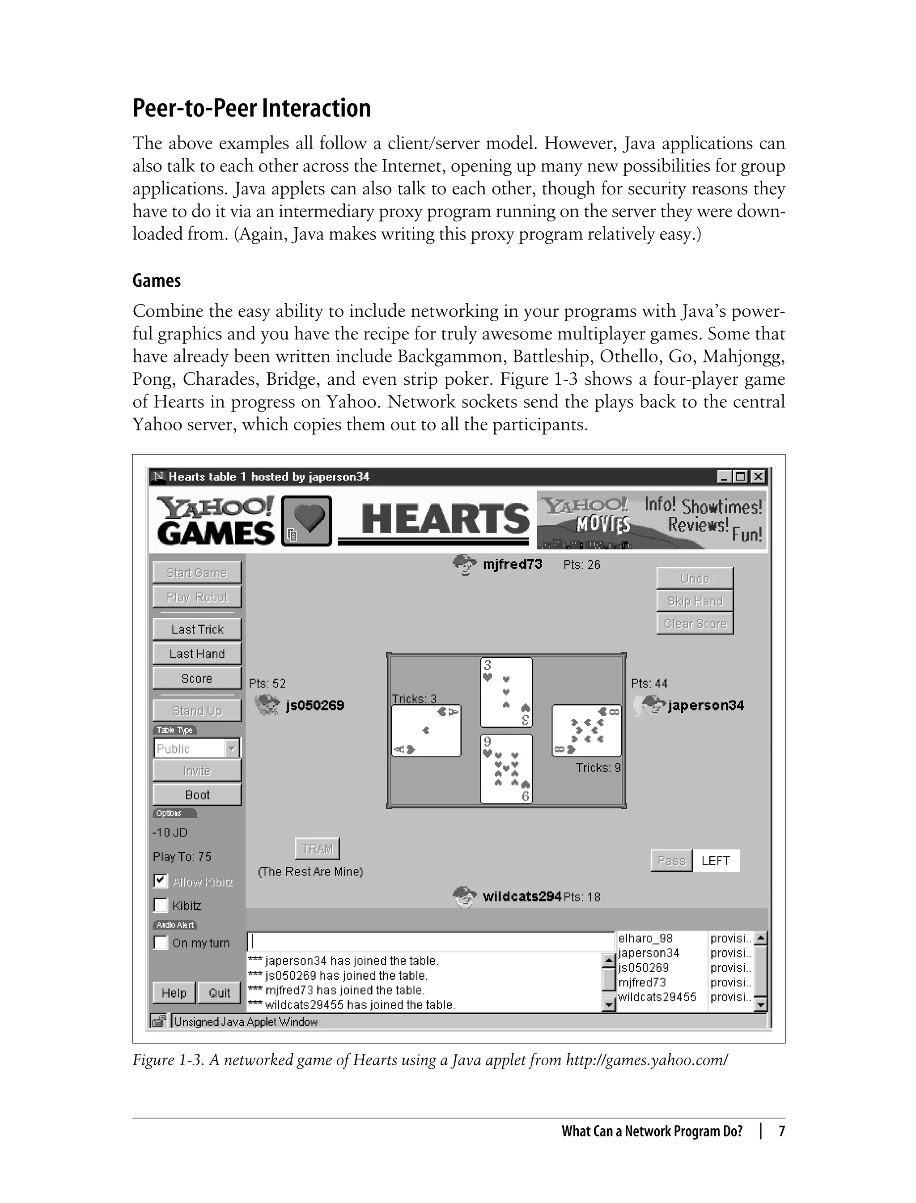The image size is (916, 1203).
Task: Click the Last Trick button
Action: click(197, 629)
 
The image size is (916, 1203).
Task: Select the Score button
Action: click(197, 678)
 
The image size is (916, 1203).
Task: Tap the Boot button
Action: click(197, 795)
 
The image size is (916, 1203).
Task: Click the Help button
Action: click(174, 992)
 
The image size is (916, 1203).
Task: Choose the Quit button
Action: click(219, 992)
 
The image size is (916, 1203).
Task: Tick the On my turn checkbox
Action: click(160, 942)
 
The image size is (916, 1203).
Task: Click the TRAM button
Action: click(317, 849)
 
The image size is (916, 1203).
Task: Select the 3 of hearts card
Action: click(506, 692)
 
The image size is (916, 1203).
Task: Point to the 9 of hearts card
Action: click(506, 768)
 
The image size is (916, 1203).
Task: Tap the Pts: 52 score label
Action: click(267, 683)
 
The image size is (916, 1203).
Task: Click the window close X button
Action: click(758, 476)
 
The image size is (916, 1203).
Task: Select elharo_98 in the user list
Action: click(645, 938)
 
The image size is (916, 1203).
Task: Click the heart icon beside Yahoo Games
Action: click(306, 520)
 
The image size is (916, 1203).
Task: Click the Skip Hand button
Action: click(695, 600)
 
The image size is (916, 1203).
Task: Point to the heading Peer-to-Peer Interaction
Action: click(252, 108)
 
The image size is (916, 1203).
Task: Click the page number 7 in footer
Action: click(781, 1131)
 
